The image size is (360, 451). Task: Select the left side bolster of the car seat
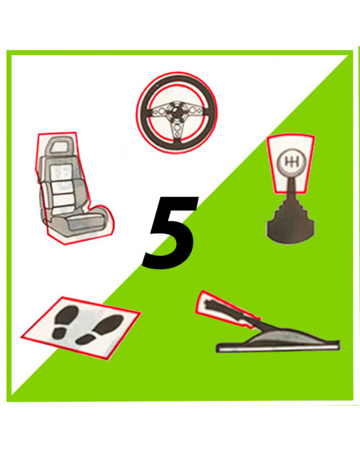(43, 191)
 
